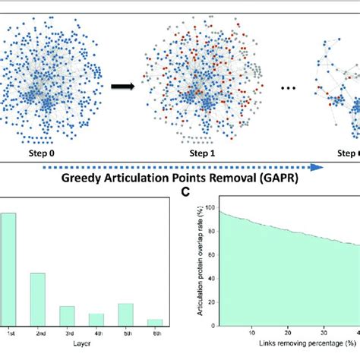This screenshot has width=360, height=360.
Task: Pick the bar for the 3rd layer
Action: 67,317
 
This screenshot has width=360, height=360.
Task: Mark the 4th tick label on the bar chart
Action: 96,334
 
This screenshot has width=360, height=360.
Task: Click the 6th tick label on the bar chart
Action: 155,334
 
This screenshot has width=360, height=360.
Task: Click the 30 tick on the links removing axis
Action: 314,333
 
